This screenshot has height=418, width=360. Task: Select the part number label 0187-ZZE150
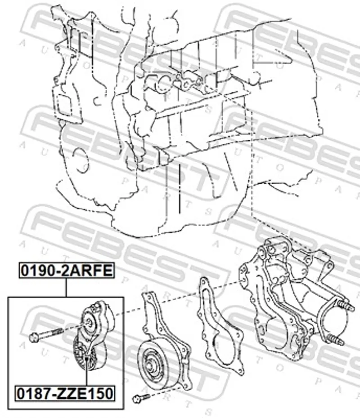click(65, 393)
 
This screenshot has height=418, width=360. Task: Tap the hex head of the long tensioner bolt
click(34, 337)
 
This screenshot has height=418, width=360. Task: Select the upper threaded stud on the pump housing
click(346, 306)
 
